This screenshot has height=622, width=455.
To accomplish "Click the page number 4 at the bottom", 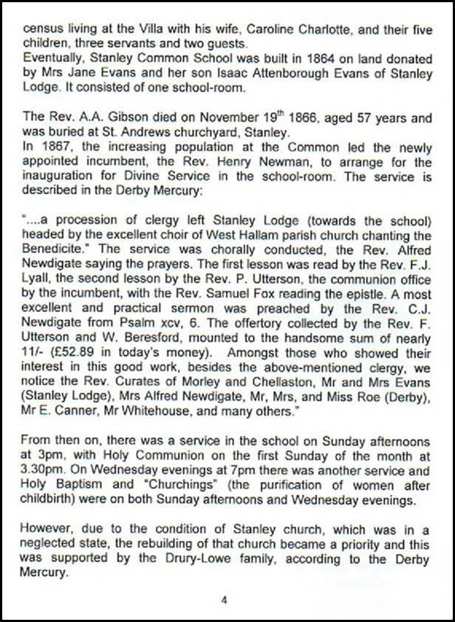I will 224,600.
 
